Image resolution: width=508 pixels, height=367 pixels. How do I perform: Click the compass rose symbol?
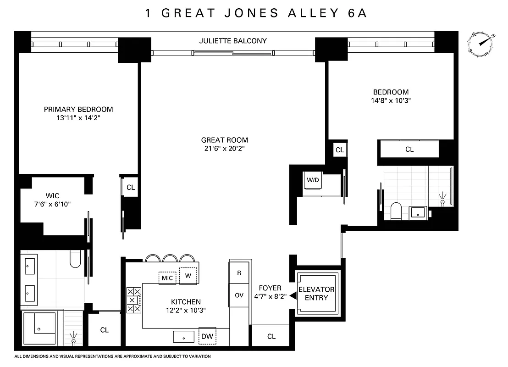(481, 44)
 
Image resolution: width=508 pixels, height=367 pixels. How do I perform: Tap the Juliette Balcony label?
(233, 41)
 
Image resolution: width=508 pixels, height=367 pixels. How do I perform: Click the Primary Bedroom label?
(78, 109)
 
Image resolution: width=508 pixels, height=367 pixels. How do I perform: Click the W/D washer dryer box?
(313, 180)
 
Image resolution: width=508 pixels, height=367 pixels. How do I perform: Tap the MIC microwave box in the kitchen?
(167, 278)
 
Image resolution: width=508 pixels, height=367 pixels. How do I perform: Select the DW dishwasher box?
(208, 336)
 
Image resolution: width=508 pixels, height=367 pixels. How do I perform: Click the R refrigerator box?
(239, 272)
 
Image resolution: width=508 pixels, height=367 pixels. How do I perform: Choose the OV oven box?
(239, 295)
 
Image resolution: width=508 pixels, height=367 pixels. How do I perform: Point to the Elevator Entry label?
(316, 294)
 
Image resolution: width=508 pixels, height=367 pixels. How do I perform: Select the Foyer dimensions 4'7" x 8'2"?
(270, 296)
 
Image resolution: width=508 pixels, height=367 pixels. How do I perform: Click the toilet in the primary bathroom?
(76, 259)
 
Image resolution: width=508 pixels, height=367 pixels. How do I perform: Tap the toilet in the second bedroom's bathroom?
(395, 211)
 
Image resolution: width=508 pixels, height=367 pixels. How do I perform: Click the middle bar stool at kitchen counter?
(170, 258)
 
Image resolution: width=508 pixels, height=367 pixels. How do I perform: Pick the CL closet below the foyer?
(271, 336)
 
